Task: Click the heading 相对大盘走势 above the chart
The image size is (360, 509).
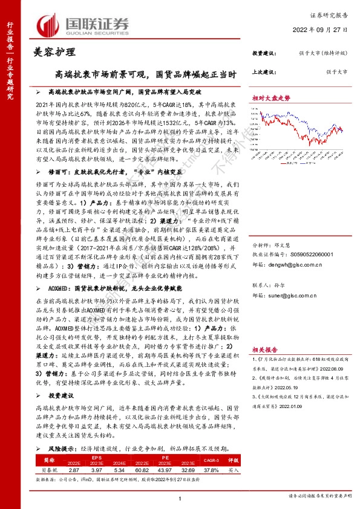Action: [271, 97]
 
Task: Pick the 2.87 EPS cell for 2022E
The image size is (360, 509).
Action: [74, 470]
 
